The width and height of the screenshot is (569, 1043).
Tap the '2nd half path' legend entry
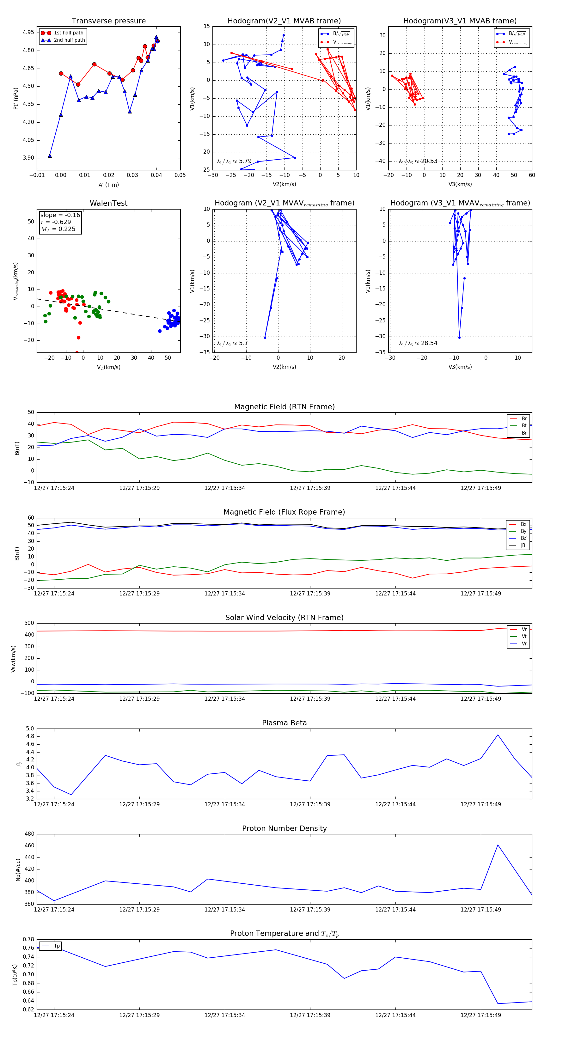(69, 40)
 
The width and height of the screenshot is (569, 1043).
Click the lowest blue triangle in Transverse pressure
(50, 156)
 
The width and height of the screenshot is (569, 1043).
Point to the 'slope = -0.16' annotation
(60, 215)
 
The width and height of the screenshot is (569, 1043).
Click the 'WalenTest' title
(108, 203)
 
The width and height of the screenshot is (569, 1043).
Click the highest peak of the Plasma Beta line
(498, 735)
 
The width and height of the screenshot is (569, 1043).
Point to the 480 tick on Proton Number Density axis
(29, 834)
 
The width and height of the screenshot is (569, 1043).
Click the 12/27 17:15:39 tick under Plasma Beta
(310, 804)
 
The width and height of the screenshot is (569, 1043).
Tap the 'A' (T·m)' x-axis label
(108, 185)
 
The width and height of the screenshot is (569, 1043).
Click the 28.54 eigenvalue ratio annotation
(429, 343)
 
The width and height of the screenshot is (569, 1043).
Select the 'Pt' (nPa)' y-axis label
(16, 98)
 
